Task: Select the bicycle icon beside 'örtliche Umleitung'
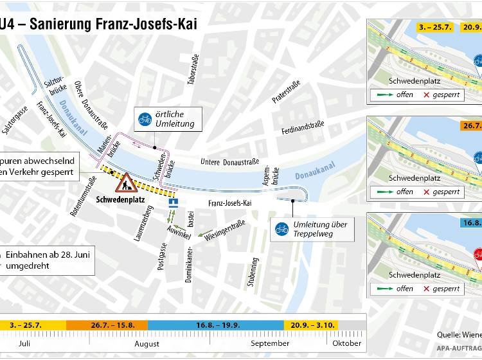pyautogui.click(x=146, y=118)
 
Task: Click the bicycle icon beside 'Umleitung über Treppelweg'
pyautogui.click(x=281, y=229)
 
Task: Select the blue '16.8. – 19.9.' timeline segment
pyautogui.click(x=215, y=325)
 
